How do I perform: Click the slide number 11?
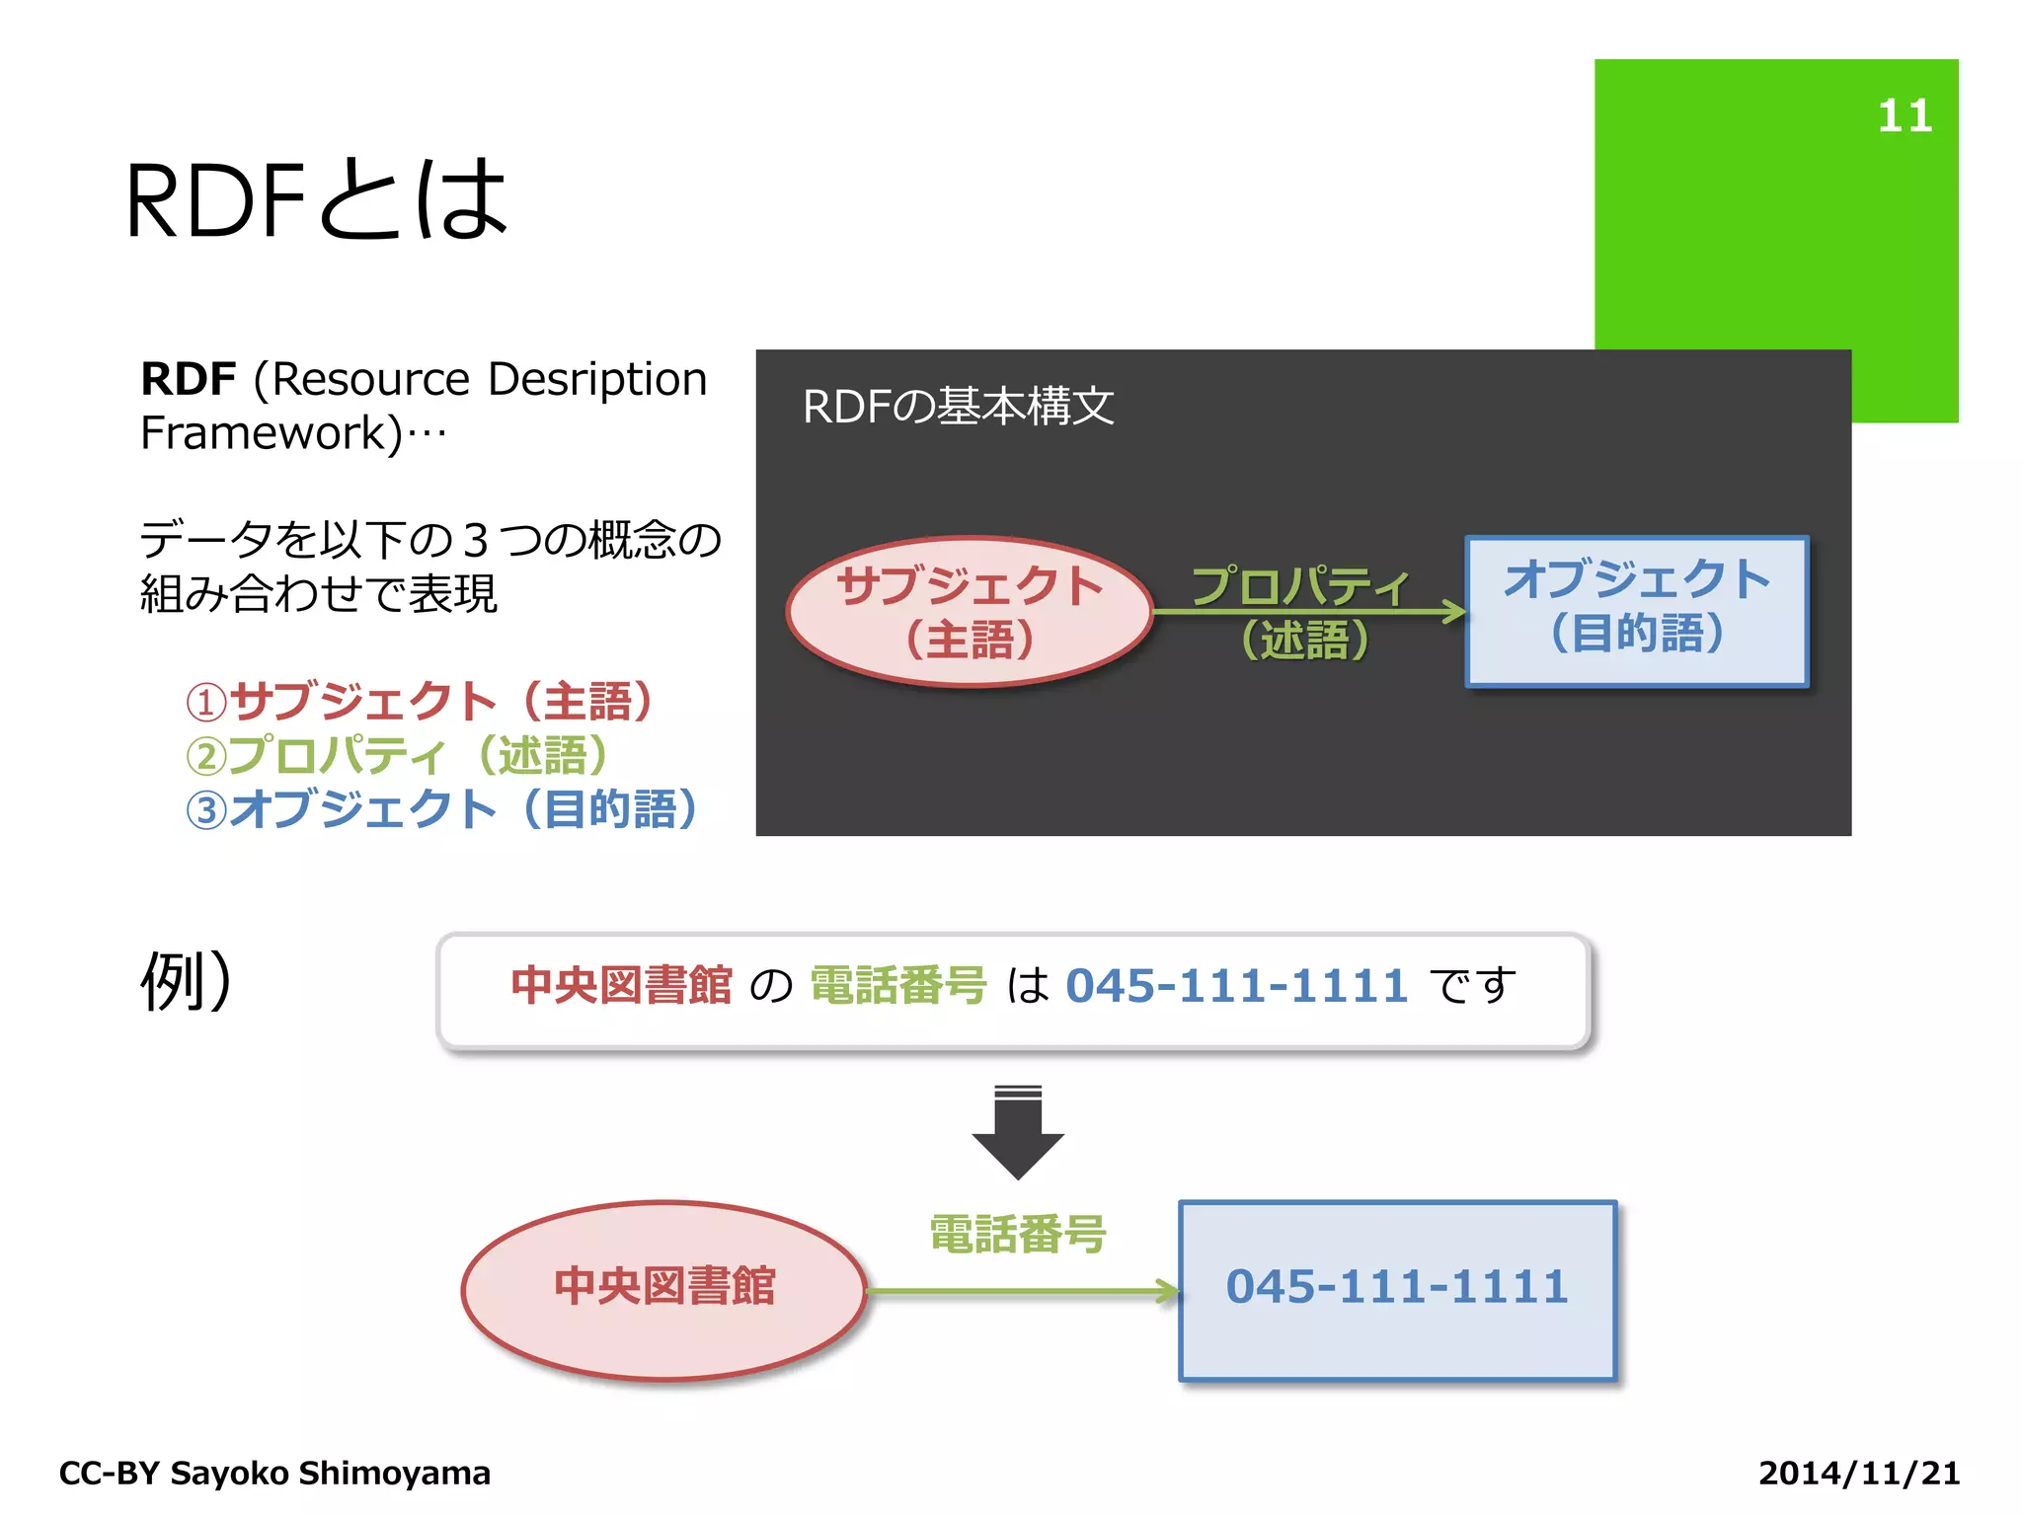click(1904, 116)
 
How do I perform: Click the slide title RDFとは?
click(316, 200)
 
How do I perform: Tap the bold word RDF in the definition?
click(189, 379)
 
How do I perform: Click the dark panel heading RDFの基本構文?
click(958, 407)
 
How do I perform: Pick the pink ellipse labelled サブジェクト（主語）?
click(970, 612)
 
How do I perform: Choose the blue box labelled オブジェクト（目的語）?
click(1637, 610)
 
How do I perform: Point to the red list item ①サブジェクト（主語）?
click(419, 702)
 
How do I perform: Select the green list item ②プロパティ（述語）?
click(397, 756)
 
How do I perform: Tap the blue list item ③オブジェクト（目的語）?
click(441, 809)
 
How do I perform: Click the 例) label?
click(186, 981)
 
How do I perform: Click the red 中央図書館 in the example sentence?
click(621, 986)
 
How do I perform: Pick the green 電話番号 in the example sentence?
click(897, 986)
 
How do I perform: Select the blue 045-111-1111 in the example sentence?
click(1236, 986)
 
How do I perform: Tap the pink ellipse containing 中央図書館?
click(664, 1289)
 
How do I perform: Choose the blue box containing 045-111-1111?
click(1397, 1289)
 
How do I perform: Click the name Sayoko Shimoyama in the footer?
click(330, 1473)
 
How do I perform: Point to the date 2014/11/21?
click(1858, 1473)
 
